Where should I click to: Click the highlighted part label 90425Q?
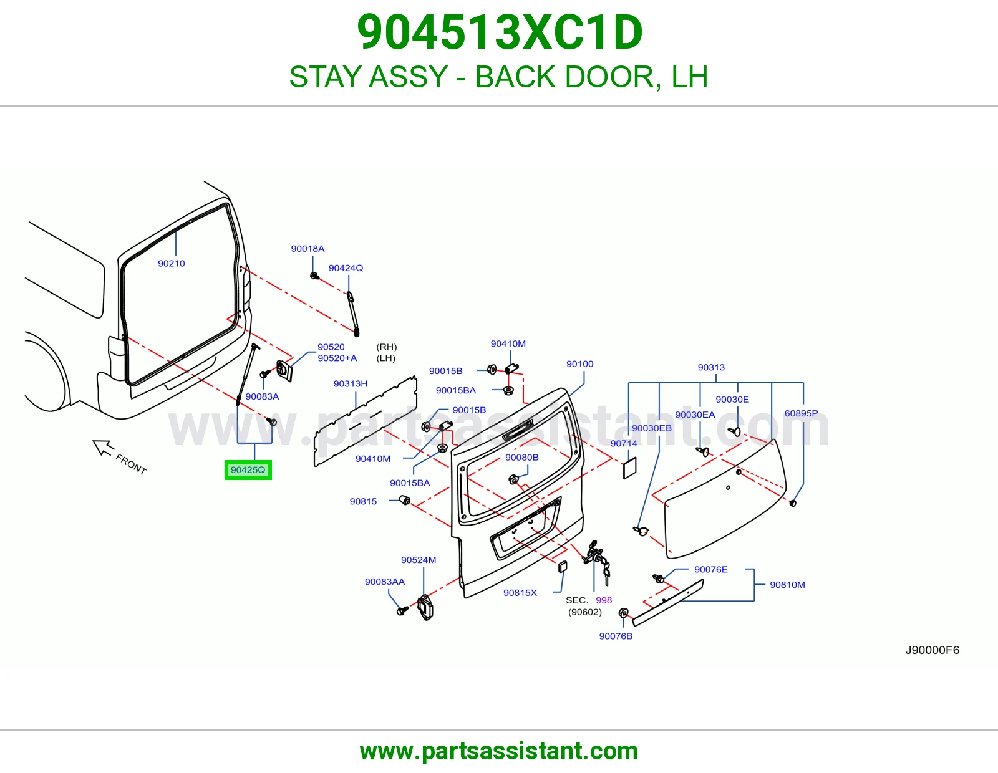(248, 470)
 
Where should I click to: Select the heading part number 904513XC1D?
(500, 32)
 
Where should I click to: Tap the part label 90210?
(172, 264)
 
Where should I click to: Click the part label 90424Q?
(346, 268)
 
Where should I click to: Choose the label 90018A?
(308, 249)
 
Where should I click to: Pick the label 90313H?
(351, 384)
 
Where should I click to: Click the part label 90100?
(579, 364)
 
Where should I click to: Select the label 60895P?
(801, 413)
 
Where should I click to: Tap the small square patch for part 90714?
(629, 468)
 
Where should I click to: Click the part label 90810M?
(787, 585)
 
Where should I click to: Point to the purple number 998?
(604, 600)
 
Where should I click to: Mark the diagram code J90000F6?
(933, 650)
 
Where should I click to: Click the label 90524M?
(419, 560)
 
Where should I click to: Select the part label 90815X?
(520, 593)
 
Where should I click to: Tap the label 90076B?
(616, 636)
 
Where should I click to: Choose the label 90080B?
(521, 458)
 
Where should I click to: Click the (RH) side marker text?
(387, 347)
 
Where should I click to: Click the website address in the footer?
(499, 751)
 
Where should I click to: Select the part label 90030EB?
(652, 428)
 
